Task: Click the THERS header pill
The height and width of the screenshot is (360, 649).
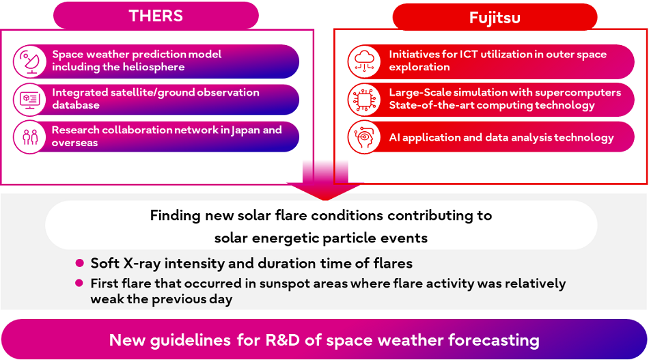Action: [156, 16]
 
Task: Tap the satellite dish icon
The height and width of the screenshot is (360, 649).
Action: [29, 61]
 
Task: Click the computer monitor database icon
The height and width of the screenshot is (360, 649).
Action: [29, 99]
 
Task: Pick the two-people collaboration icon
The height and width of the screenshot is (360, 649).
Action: [29, 137]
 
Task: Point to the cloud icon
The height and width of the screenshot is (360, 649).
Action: [363, 61]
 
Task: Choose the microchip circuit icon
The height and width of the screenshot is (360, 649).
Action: [363, 99]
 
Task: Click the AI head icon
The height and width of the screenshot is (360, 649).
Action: [363, 137]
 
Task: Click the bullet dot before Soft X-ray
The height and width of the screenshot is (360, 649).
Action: [79, 263]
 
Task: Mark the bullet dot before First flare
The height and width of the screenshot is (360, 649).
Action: [79, 283]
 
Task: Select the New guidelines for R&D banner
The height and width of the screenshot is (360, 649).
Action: [324, 340]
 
